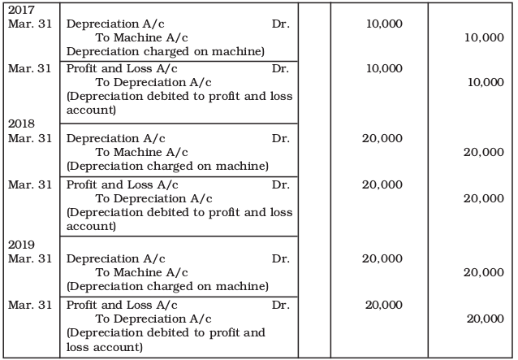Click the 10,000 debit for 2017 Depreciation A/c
click(386, 24)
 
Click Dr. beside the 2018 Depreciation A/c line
click(281, 139)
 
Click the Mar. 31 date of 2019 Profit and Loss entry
click(31, 305)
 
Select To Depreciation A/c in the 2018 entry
click(153, 198)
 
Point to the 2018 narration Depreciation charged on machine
click(167, 166)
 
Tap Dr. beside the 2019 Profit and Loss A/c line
click(281, 305)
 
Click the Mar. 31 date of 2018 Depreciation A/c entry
click(31, 139)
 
